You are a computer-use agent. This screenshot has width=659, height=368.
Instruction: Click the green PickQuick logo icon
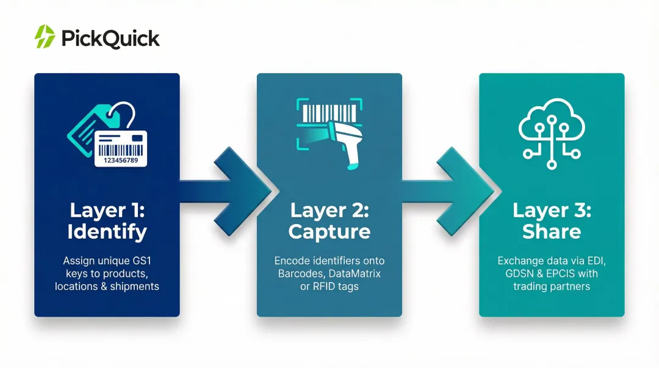(45, 37)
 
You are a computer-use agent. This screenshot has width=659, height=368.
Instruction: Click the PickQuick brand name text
(110, 38)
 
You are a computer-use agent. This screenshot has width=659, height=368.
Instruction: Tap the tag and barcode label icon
(107, 134)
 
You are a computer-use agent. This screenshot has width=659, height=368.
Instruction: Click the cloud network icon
(551, 133)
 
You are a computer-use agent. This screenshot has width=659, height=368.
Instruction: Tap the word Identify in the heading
(107, 232)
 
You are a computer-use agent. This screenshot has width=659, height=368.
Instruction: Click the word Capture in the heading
(329, 232)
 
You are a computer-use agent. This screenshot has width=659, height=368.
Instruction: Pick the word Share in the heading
(551, 232)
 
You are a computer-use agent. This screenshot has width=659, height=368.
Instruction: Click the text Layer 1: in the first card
(107, 211)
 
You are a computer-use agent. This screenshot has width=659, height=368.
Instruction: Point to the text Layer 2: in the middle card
(329, 211)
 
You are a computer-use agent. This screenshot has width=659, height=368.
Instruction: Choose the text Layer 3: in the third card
(551, 211)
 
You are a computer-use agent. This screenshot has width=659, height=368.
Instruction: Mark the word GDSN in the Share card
(517, 273)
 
